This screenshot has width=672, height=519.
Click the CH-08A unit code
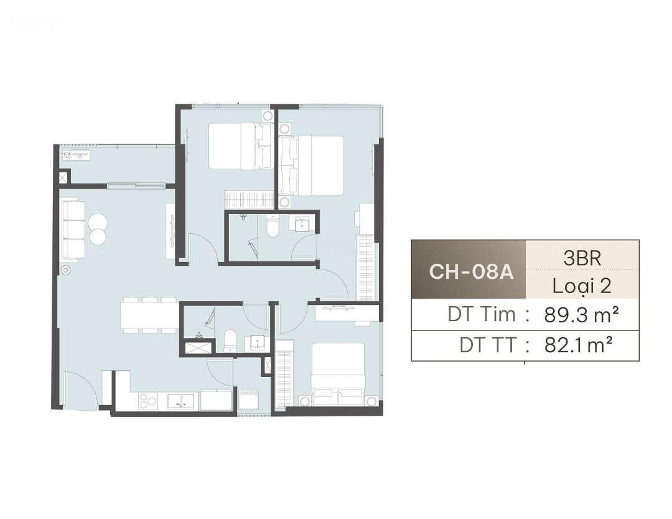(x=471, y=271)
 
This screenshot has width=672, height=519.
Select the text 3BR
(x=582, y=258)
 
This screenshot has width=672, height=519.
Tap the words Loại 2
(x=582, y=286)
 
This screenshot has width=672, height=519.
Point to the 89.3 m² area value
(x=582, y=315)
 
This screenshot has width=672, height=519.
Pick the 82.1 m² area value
(x=578, y=345)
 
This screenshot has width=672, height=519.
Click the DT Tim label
(x=482, y=314)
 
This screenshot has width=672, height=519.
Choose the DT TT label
(x=488, y=345)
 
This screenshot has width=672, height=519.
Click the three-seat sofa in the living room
(x=73, y=230)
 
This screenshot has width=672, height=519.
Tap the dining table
(x=149, y=315)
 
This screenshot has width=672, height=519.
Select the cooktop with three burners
(x=148, y=402)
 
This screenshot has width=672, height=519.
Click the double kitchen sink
(x=180, y=401)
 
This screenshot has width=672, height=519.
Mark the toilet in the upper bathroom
(x=273, y=226)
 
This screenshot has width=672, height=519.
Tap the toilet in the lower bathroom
(x=231, y=341)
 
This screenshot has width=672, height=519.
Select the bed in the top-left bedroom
(x=241, y=146)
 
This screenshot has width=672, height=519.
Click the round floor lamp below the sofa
(x=65, y=271)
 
